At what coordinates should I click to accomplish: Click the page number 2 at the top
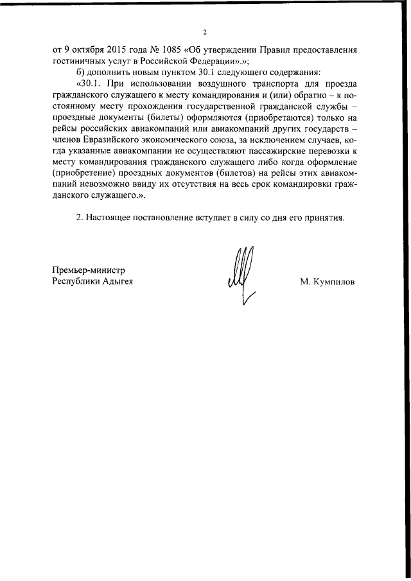click(205, 32)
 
